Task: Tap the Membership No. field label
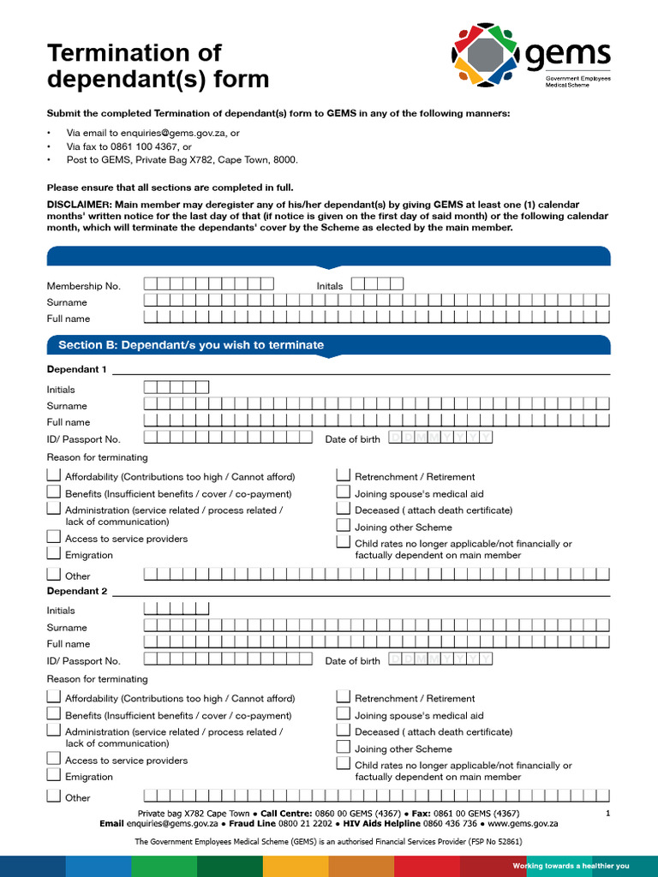tap(83, 286)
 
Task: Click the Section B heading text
tap(190, 345)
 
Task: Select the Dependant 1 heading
tap(76, 370)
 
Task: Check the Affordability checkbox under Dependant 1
tap(54, 475)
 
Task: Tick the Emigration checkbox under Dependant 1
tap(54, 554)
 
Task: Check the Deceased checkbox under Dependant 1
tap(344, 509)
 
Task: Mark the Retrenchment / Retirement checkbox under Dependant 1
tap(344, 475)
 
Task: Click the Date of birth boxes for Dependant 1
tap(440, 438)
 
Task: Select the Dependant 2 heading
tap(76, 592)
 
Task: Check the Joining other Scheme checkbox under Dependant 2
tap(344, 747)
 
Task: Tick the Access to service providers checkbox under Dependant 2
tap(54, 759)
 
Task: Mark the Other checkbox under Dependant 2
tap(54, 796)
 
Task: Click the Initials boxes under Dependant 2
tap(176, 609)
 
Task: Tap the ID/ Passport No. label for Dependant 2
tap(83, 661)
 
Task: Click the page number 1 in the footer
tap(607, 814)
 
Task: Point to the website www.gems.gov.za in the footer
tap(523, 823)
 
